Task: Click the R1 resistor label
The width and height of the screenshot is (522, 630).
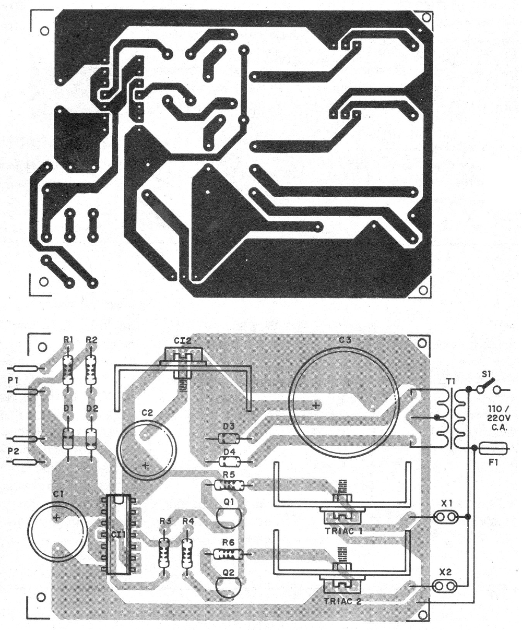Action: pos(68,340)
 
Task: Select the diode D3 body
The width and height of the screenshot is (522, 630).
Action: pos(228,438)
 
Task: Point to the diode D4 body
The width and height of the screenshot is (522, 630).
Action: pos(229,461)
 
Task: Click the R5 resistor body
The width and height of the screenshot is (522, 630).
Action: pos(229,485)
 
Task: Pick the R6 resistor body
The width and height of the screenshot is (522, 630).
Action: pos(228,554)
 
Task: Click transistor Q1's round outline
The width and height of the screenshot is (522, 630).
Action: pos(229,518)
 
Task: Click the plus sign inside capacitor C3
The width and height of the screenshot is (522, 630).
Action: pos(316,406)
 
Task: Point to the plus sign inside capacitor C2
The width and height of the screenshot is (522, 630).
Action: pos(146,465)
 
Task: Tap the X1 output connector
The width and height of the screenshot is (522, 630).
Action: pos(446,517)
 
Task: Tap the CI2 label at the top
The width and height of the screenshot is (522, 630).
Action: pos(183,341)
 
